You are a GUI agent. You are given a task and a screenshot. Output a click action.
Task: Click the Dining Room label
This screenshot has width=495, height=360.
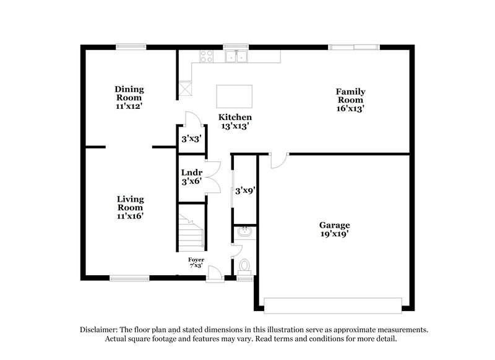pyautogui.click(x=129, y=98)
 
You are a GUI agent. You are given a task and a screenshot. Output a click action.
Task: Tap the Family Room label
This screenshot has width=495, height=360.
pyautogui.click(x=350, y=99)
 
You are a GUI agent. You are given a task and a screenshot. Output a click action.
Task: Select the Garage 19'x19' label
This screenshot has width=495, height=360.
pyautogui.click(x=334, y=229)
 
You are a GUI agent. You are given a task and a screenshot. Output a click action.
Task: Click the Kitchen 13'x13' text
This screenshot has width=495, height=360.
pyautogui.click(x=235, y=121)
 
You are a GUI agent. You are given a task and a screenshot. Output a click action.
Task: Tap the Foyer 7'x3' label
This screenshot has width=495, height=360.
pyautogui.click(x=196, y=262)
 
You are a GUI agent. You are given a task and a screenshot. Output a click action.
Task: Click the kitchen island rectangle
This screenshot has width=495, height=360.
pyautogui.click(x=235, y=96)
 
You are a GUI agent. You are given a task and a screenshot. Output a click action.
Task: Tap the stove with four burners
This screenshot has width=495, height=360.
pyautogui.click(x=205, y=56)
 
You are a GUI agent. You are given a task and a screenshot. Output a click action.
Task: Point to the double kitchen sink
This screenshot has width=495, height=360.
pyautogui.click(x=236, y=57)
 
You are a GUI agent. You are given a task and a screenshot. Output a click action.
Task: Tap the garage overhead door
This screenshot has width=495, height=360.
pyautogui.click(x=333, y=305)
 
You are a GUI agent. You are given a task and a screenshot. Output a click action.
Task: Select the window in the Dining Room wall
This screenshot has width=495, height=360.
pyautogui.click(x=131, y=45)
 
